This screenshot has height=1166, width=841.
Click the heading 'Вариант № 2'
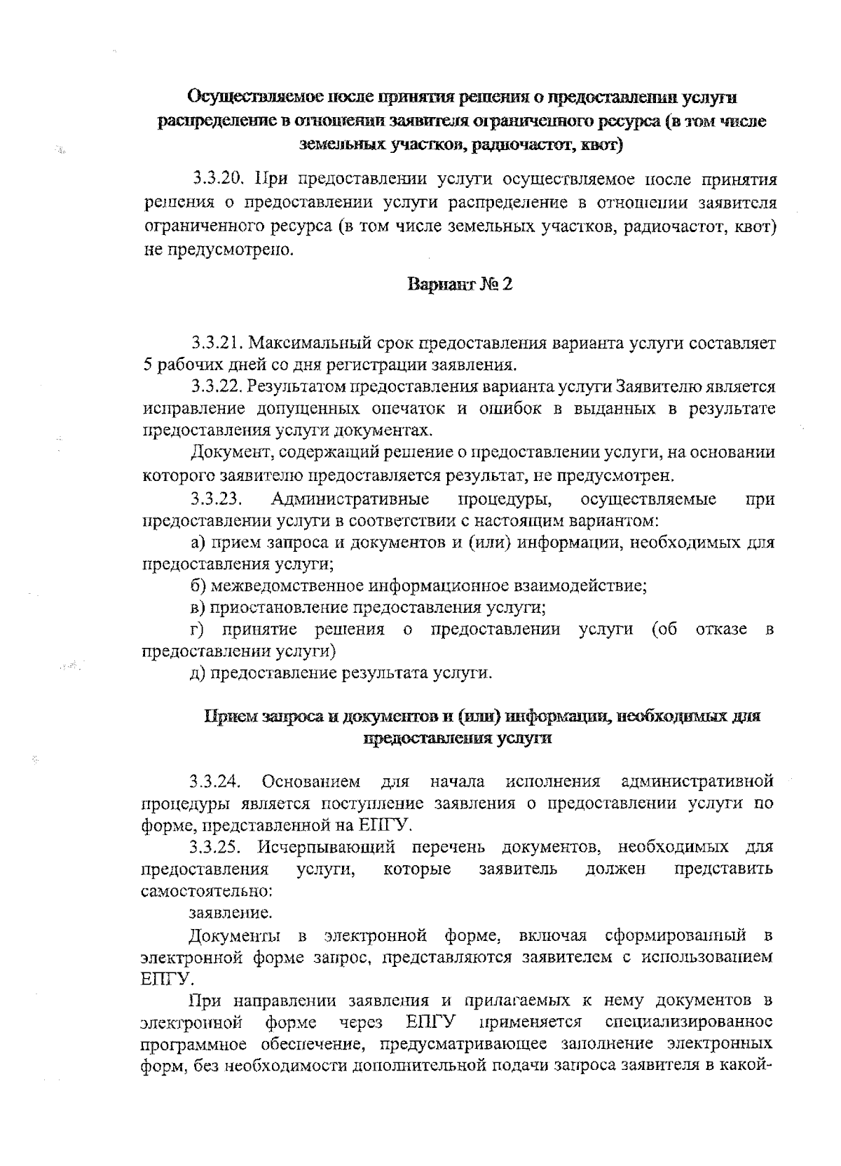pyautogui.click(x=459, y=285)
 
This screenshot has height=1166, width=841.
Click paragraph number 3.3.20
pyautogui.click(x=217, y=179)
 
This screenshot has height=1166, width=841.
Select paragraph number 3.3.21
pyautogui.click(x=217, y=344)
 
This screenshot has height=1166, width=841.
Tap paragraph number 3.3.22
pyautogui.click(x=217, y=386)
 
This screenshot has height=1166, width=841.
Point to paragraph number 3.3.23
pyautogui.click(x=216, y=499)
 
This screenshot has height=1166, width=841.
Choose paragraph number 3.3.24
pyautogui.click(x=216, y=780)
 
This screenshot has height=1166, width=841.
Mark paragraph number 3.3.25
pyautogui.click(x=216, y=847)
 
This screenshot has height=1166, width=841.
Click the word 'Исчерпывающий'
pyautogui.click(x=327, y=847)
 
